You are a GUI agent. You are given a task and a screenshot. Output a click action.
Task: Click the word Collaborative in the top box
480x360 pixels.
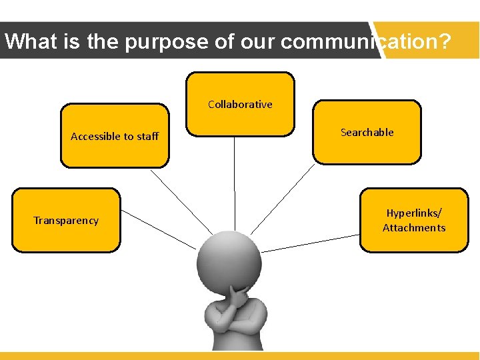click(240, 104)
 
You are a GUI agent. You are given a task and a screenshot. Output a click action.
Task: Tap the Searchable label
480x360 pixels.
click(367, 132)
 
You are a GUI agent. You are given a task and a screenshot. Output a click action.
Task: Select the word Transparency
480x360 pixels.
click(66, 221)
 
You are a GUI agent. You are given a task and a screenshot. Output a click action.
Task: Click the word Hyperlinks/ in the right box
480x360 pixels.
click(413, 213)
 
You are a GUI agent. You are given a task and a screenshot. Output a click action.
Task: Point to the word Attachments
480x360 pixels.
click(413, 228)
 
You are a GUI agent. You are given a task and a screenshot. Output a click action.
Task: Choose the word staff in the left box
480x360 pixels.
click(147, 136)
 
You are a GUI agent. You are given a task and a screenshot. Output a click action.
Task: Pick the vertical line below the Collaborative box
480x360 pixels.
click(235, 180)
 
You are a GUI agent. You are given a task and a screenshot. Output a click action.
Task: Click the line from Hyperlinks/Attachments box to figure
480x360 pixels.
click(310, 243)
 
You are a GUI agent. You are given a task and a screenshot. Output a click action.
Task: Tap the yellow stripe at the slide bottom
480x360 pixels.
click(240, 355)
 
